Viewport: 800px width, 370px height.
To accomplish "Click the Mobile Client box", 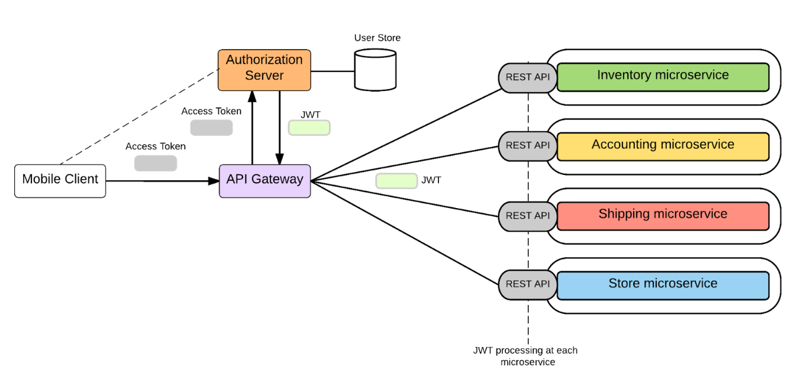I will point(60,180).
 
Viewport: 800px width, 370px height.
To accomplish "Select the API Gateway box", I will point(264,180).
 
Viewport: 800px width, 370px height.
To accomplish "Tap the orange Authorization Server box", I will point(264,70).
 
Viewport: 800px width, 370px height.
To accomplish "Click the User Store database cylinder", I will point(375,70).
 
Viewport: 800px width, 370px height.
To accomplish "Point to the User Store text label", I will point(377,38).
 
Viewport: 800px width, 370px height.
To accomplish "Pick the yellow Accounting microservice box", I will point(663,146).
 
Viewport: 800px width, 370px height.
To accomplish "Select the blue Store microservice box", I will point(663,285).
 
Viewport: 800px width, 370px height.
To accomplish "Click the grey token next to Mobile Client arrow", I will point(156,163).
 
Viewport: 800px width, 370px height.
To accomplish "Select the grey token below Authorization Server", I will point(211,128).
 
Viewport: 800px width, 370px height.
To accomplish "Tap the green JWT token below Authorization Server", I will point(309,128).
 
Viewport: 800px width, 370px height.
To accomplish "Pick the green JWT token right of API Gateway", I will point(396,181).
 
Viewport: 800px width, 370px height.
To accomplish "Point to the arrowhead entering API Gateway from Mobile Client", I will point(215,181).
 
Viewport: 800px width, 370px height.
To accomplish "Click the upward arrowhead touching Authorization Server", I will point(253,95).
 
